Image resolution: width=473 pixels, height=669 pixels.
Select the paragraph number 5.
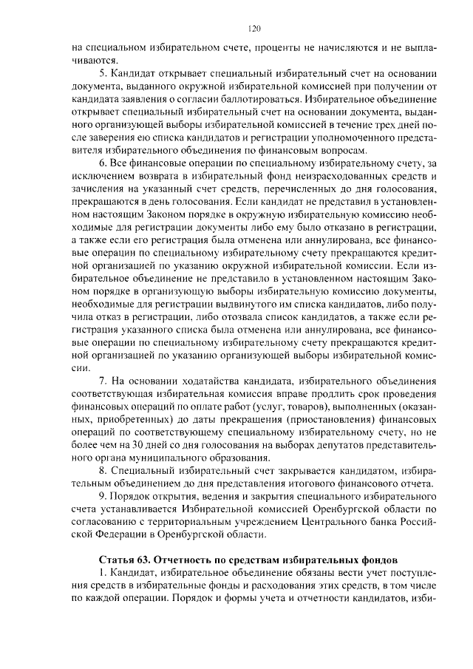click(103, 75)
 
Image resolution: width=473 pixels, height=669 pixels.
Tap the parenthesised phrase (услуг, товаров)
click(296, 408)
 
